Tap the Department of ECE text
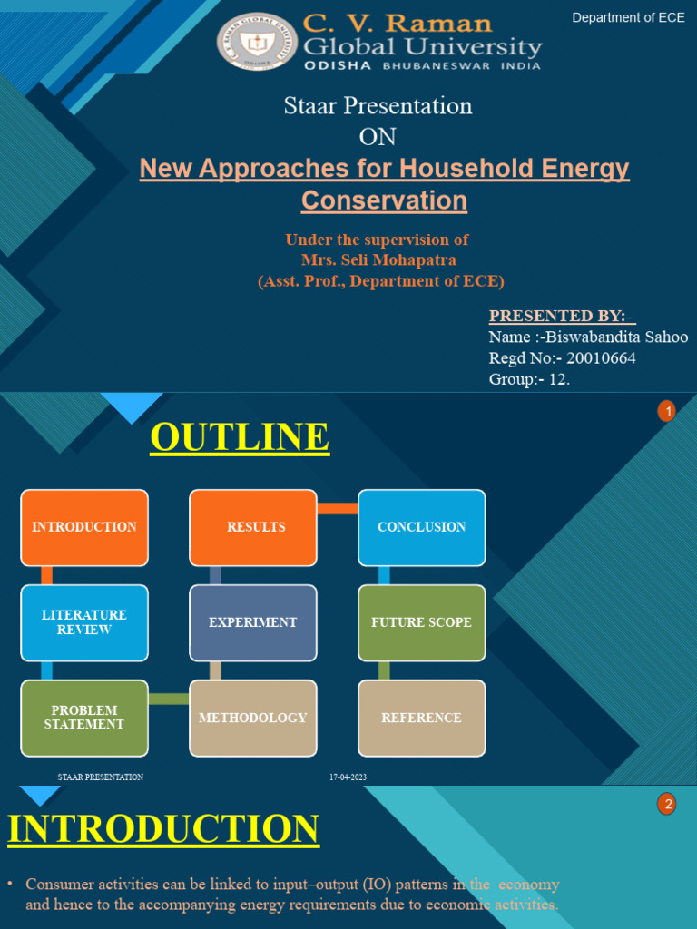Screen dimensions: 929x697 pyautogui.click(x=628, y=17)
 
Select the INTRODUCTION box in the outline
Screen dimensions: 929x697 pyautogui.click(x=84, y=527)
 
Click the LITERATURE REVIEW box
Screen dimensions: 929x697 pyautogui.click(x=84, y=622)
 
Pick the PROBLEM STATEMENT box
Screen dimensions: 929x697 pyautogui.click(x=84, y=718)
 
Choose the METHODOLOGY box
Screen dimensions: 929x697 pyautogui.click(x=253, y=718)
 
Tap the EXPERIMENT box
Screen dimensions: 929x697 pyautogui.click(x=253, y=622)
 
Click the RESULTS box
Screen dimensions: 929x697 pyautogui.click(x=253, y=527)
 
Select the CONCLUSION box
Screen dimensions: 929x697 pyautogui.click(x=422, y=527)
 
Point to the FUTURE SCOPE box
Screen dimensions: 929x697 pyautogui.click(x=422, y=622)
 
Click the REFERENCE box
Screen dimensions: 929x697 pyautogui.click(x=422, y=718)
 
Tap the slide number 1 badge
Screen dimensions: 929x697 pyautogui.click(x=667, y=413)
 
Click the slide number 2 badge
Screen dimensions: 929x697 pyautogui.click(x=667, y=804)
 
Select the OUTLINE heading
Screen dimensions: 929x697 pyautogui.click(x=240, y=437)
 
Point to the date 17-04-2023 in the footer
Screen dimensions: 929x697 pyautogui.click(x=348, y=777)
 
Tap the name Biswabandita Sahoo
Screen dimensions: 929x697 pyautogui.click(x=614, y=337)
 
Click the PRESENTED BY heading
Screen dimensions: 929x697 pyautogui.click(x=562, y=316)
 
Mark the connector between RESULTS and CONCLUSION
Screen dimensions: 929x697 pyautogui.click(x=338, y=508)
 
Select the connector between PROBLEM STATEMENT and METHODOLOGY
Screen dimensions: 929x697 pyautogui.click(x=169, y=699)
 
